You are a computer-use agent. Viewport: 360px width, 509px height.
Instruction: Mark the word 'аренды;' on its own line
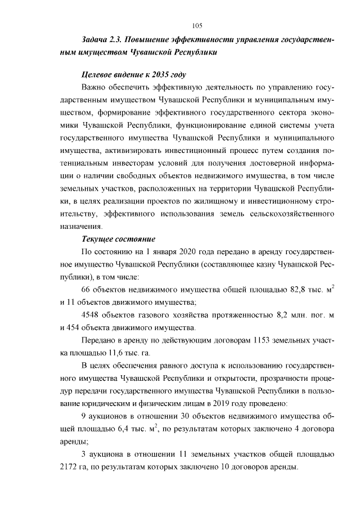point(72,442)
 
